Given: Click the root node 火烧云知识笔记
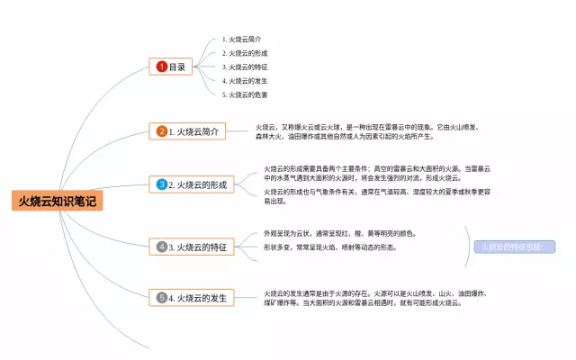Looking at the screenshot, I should (57, 201).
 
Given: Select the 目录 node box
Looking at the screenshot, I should (172, 67).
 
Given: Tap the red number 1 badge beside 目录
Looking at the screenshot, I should (162, 67).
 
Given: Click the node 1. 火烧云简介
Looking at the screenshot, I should (187, 131).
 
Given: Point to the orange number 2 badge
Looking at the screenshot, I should (162, 131).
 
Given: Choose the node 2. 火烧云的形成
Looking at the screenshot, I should (192, 184).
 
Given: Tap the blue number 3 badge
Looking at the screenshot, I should (162, 184).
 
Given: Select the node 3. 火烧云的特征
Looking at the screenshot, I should (192, 247).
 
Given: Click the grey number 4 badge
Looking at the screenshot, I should (162, 247).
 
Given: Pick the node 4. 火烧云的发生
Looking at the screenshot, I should (192, 297).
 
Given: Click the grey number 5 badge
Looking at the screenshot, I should (162, 297).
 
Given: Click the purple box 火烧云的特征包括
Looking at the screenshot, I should (510, 247).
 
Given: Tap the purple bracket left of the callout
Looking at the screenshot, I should (470, 247).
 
